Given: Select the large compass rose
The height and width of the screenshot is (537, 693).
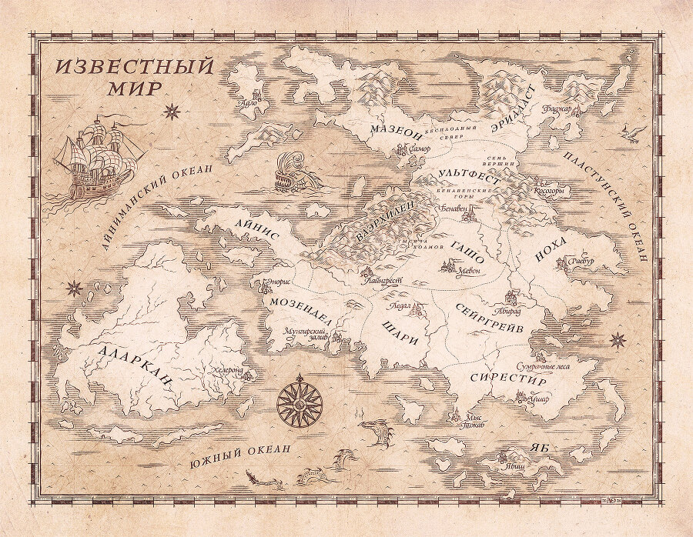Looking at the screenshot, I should [x=299, y=399].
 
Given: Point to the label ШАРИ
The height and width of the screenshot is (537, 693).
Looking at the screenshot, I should [x=400, y=332].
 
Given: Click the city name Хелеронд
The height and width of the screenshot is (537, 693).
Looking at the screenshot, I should [x=226, y=370].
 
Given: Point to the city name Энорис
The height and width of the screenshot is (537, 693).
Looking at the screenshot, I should [x=276, y=282].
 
